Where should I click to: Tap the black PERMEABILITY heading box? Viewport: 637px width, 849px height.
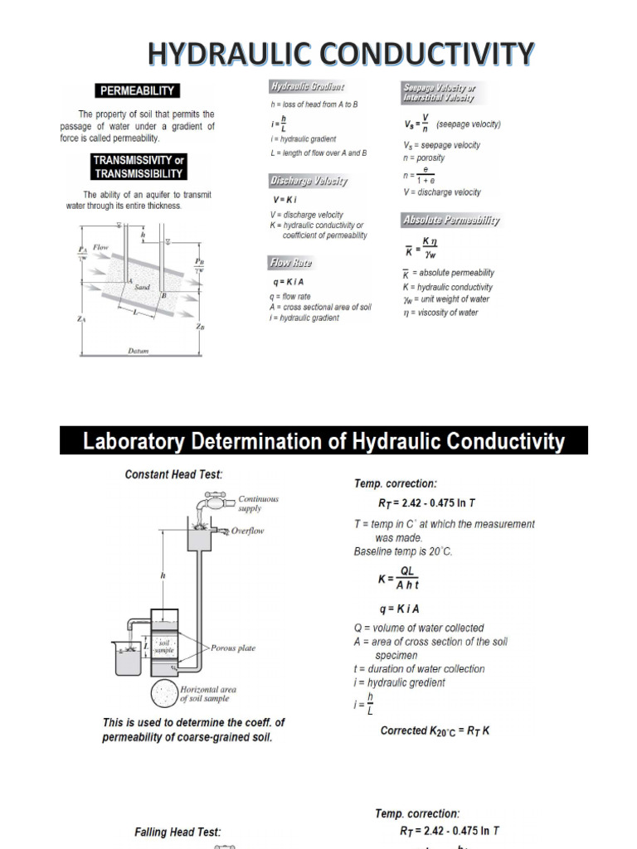point(137,90)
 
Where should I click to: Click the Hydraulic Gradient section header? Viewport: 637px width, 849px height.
point(307,86)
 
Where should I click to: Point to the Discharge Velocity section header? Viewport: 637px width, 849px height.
point(308,180)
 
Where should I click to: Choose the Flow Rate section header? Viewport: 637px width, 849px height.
point(290,263)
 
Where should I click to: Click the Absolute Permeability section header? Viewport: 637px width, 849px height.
point(450,221)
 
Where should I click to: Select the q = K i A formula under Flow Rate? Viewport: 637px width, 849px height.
point(287,282)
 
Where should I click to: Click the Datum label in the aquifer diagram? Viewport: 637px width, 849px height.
point(139,351)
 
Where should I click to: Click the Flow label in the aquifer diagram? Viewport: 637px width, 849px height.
point(100,247)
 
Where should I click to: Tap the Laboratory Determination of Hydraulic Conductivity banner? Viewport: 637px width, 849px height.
point(323,441)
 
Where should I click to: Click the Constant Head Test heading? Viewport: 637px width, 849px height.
point(173,474)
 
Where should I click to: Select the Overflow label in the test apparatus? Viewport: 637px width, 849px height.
point(247,531)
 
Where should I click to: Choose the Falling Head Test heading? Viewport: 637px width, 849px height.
point(177,832)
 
